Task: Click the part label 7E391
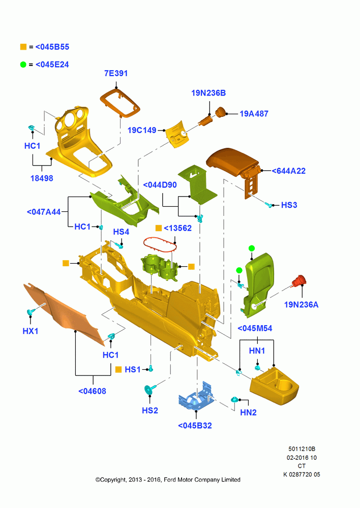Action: click(x=116, y=73)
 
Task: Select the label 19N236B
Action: click(x=208, y=93)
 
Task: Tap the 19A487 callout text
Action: click(x=254, y=114)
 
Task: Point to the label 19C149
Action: click(x=142, y=130)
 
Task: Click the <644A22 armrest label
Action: click(x=288, y=171)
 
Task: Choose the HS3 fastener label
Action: click(x=289, y=205)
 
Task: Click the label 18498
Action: click(x=42, y=178)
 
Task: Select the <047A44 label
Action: click(x=44, y=212)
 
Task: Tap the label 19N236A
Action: click(x=302, y=305)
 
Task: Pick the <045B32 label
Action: click(x=195, y=426)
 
